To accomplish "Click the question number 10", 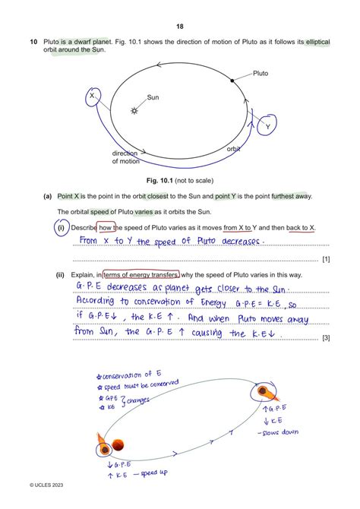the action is [x=33, y=43].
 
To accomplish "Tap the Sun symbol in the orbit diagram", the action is [x=134, y=110].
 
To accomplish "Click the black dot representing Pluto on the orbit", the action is [x=231, y=80].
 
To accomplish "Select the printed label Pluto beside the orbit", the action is [x=260, y=74].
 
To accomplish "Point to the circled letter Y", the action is [x=267, y=127].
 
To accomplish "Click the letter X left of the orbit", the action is [x=91, y=96].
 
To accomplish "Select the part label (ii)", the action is [x=60, y=273].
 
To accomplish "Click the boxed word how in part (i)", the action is [x=106, y=227].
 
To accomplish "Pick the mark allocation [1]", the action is [x=325, y=260].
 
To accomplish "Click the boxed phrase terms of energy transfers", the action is [x=141, y=273].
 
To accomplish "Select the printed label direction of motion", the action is [x=125, y=156].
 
